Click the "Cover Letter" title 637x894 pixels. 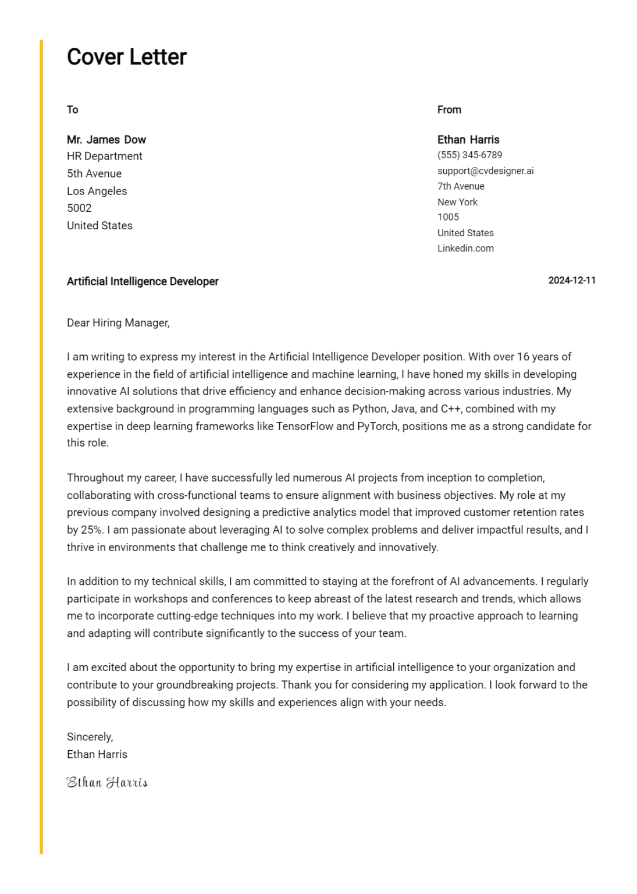point(126,57)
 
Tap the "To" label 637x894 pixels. point(72,109)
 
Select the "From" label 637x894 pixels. point(449,109)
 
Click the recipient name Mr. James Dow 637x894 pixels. point(106,140)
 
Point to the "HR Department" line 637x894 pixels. point(104,156)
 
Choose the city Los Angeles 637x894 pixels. point(97,191)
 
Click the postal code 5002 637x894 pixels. point(79,208)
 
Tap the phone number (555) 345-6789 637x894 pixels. point(469,155)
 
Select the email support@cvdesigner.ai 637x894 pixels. point(485,171)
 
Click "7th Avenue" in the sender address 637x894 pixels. point(461,186)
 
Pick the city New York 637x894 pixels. point(457,202)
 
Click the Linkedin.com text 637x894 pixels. point(465,248)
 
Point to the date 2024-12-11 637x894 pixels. point(571,281)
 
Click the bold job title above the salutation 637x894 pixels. point(143,281)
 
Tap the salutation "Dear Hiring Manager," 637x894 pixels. point(118,322)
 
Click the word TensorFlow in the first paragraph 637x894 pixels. point(304,426)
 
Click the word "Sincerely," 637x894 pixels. point(90,737)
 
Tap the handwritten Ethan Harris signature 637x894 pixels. point(107,782)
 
